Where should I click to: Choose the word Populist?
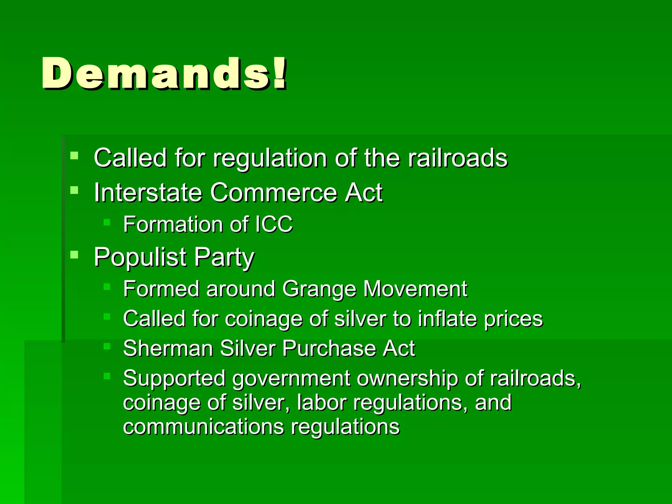point(140,257)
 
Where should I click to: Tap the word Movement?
point(415,289)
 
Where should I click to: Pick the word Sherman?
point(168,348)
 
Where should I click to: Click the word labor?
point(322,403)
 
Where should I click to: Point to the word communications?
point(203,427)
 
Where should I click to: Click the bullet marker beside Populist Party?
point(74,254)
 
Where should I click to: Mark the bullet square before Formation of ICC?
point(107,222)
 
